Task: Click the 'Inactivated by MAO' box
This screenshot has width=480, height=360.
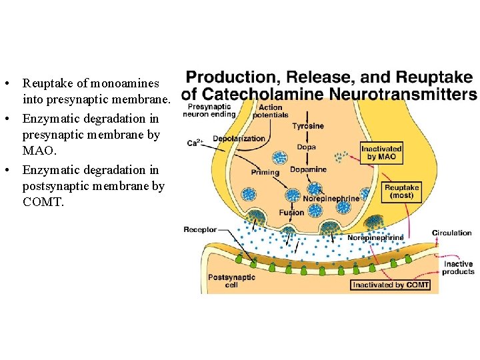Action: tap(381, 153)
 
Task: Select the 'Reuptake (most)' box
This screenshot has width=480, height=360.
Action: tap(402, 192)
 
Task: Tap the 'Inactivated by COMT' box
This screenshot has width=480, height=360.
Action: tap(391, 285)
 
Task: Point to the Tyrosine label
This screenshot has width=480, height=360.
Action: tap(308, 126)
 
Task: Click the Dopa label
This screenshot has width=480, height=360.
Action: tap(307, 147)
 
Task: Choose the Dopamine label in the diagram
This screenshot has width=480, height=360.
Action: tap(309, 169)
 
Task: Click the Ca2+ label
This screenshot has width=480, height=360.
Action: tap(195, 143)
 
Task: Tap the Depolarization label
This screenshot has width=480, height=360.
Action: tap(239, 139)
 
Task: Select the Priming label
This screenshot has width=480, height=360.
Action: tap(265, 173)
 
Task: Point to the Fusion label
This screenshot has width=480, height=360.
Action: tap(292, 213)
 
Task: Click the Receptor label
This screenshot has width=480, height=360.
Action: tap(200, 229)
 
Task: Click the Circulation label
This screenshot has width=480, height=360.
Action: tap(451, 233)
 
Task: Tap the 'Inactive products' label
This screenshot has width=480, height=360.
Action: tap(458, 268)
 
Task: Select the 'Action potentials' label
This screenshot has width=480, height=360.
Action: tap(270, 111)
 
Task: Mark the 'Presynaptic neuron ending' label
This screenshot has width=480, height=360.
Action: tap(211, 110)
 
